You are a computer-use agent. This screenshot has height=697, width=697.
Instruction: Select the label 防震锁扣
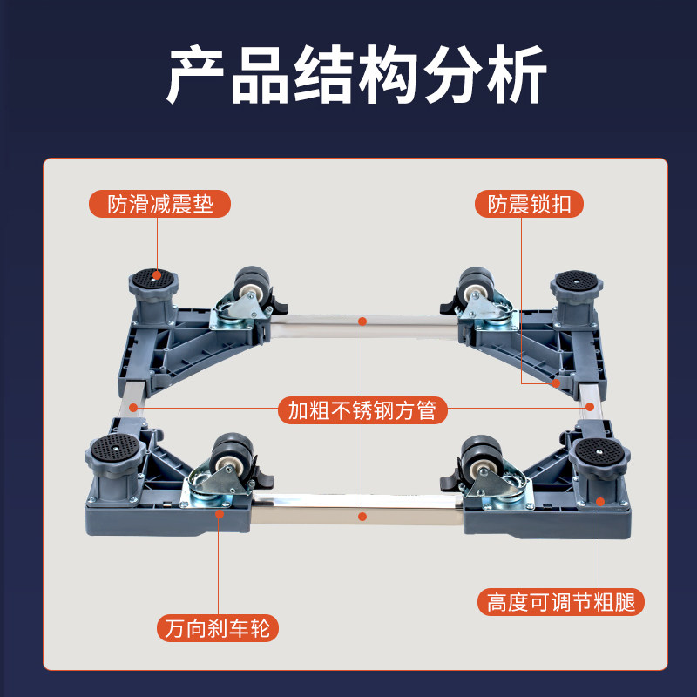(529, 204)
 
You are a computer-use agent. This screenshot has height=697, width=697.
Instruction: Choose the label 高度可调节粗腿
(560, 601)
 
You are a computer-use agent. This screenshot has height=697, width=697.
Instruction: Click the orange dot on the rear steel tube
(362, 320)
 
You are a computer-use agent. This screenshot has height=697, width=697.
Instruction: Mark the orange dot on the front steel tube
(362, 516)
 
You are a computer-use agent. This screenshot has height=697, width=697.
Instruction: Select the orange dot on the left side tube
(132, 407)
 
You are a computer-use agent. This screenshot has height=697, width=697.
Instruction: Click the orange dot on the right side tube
(589, 407)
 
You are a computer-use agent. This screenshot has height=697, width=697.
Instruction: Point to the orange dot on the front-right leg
(600, 500)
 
